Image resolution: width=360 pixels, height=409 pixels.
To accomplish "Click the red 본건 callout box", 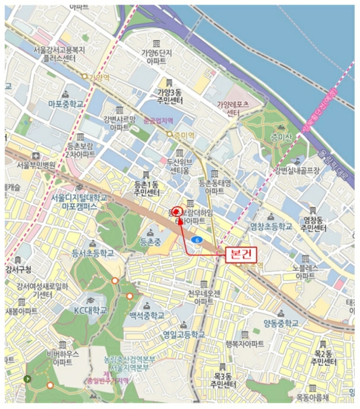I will [x=241, y=254].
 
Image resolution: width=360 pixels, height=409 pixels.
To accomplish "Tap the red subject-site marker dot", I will [x=177, y=212].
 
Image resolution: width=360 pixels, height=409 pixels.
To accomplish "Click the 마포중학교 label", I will [x=65, y=104].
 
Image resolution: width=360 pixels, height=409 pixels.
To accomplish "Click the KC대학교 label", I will [x=91, y=310].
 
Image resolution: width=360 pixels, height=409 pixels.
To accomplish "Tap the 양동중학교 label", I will [x=281, y=323].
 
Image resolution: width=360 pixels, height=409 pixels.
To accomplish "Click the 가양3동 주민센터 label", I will [x=169, y=96].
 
